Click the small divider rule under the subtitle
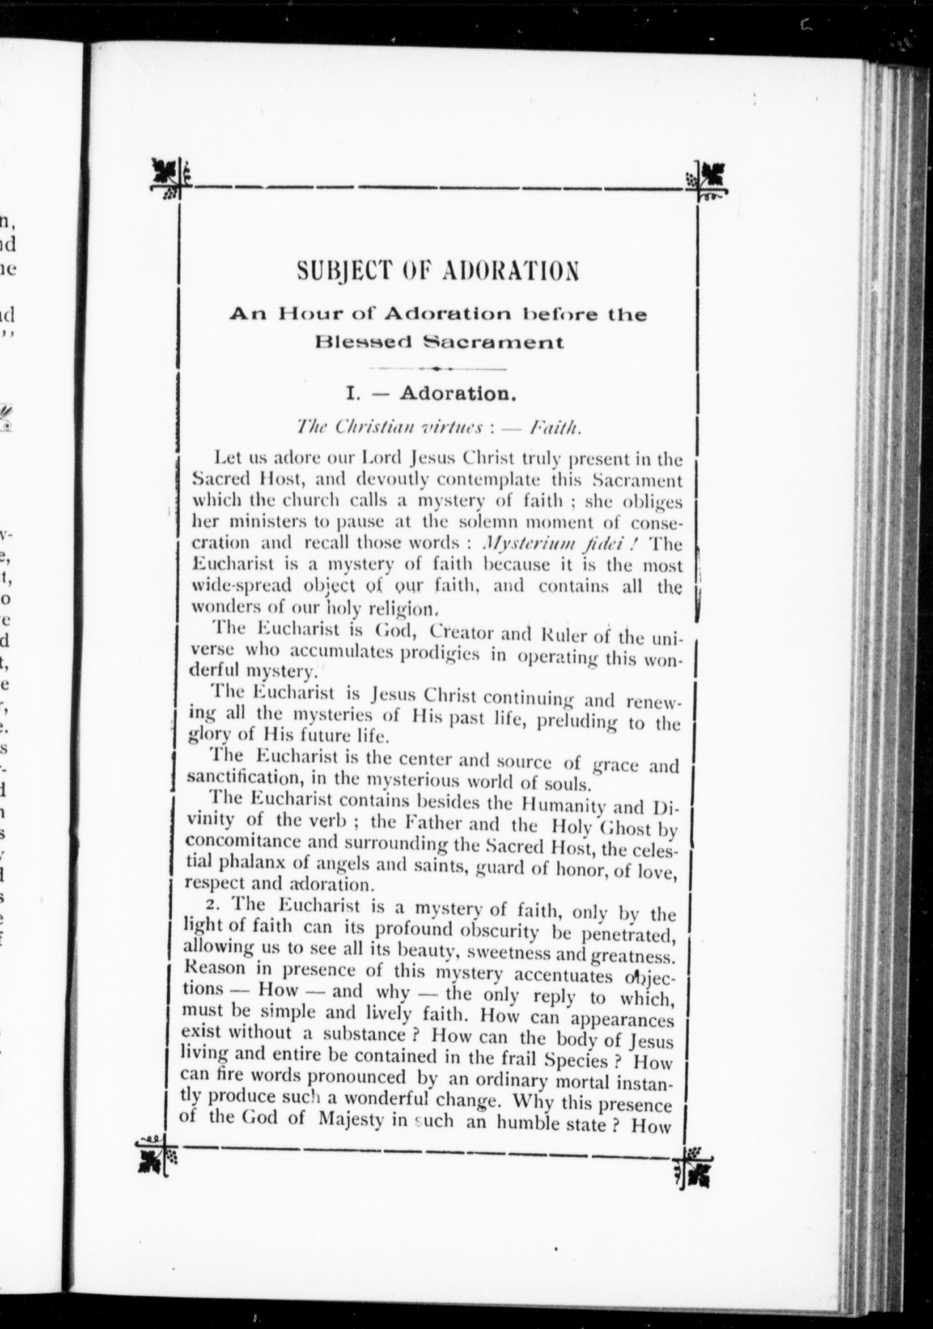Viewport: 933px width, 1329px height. point(437,369)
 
